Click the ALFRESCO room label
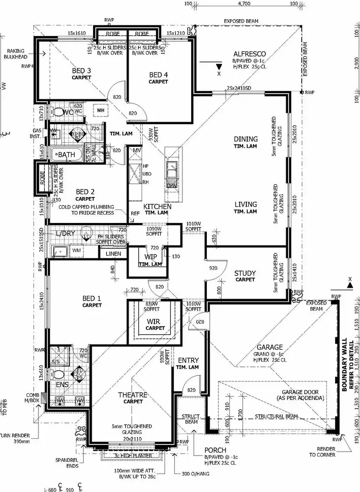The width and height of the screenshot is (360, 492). pyautogui.click(x=247, y=53)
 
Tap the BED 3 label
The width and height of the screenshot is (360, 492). pyautogui.click(x=82, y=70)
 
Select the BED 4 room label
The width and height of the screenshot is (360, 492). pyautogui.click(x=158, y=75)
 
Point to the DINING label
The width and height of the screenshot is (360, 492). pyautogui.click(x=245, y=139)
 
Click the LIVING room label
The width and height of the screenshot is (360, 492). pyautogui.click(x=245, y=204)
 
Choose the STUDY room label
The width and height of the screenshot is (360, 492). pyautogui.click(x=245, y=273)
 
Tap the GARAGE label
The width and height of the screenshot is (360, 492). pyautogui.click(x=269, y=347)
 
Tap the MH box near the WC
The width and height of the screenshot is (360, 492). pyautogui.click(x=100, y=110)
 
